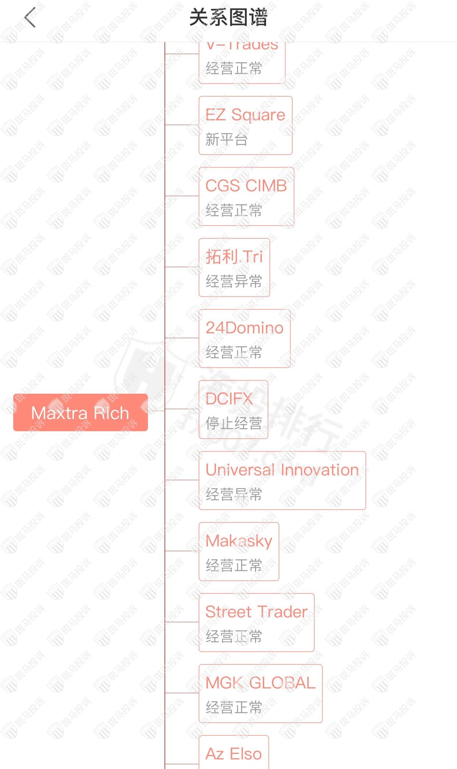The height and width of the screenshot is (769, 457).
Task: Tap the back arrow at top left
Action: coord(30,17)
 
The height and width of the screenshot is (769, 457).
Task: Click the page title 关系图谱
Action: coord(228,17)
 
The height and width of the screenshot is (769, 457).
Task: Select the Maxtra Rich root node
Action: coord(80,412)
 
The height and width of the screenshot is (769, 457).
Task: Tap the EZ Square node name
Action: coord(245,115)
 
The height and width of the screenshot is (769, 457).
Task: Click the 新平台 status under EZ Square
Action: coord(226,139)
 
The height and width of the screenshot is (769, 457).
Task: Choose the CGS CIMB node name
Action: coord(246,186)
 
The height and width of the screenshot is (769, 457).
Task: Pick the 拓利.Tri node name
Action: coord(234,256)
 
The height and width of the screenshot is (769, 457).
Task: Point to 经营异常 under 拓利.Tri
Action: coord(234,281)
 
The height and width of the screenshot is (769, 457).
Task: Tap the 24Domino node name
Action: coord(244,328)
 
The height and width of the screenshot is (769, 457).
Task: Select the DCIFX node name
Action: coord(229,399)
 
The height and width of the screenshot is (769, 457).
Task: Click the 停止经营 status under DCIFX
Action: coord(234,424)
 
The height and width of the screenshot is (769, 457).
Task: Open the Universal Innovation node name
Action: coord(282,470)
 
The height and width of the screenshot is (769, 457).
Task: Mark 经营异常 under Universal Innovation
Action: coord(234,494)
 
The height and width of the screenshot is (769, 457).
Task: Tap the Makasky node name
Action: coord(239,541)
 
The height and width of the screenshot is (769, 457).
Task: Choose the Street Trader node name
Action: coord(256,612)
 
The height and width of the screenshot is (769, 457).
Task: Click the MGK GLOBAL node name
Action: coord(260,683)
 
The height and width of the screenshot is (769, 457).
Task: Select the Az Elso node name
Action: coord(233,754)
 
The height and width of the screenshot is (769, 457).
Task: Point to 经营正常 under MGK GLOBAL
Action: coord(234,707)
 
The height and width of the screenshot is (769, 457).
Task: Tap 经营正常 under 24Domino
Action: coord(234,352)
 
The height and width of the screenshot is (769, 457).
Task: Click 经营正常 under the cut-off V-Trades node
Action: coord(234,68)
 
